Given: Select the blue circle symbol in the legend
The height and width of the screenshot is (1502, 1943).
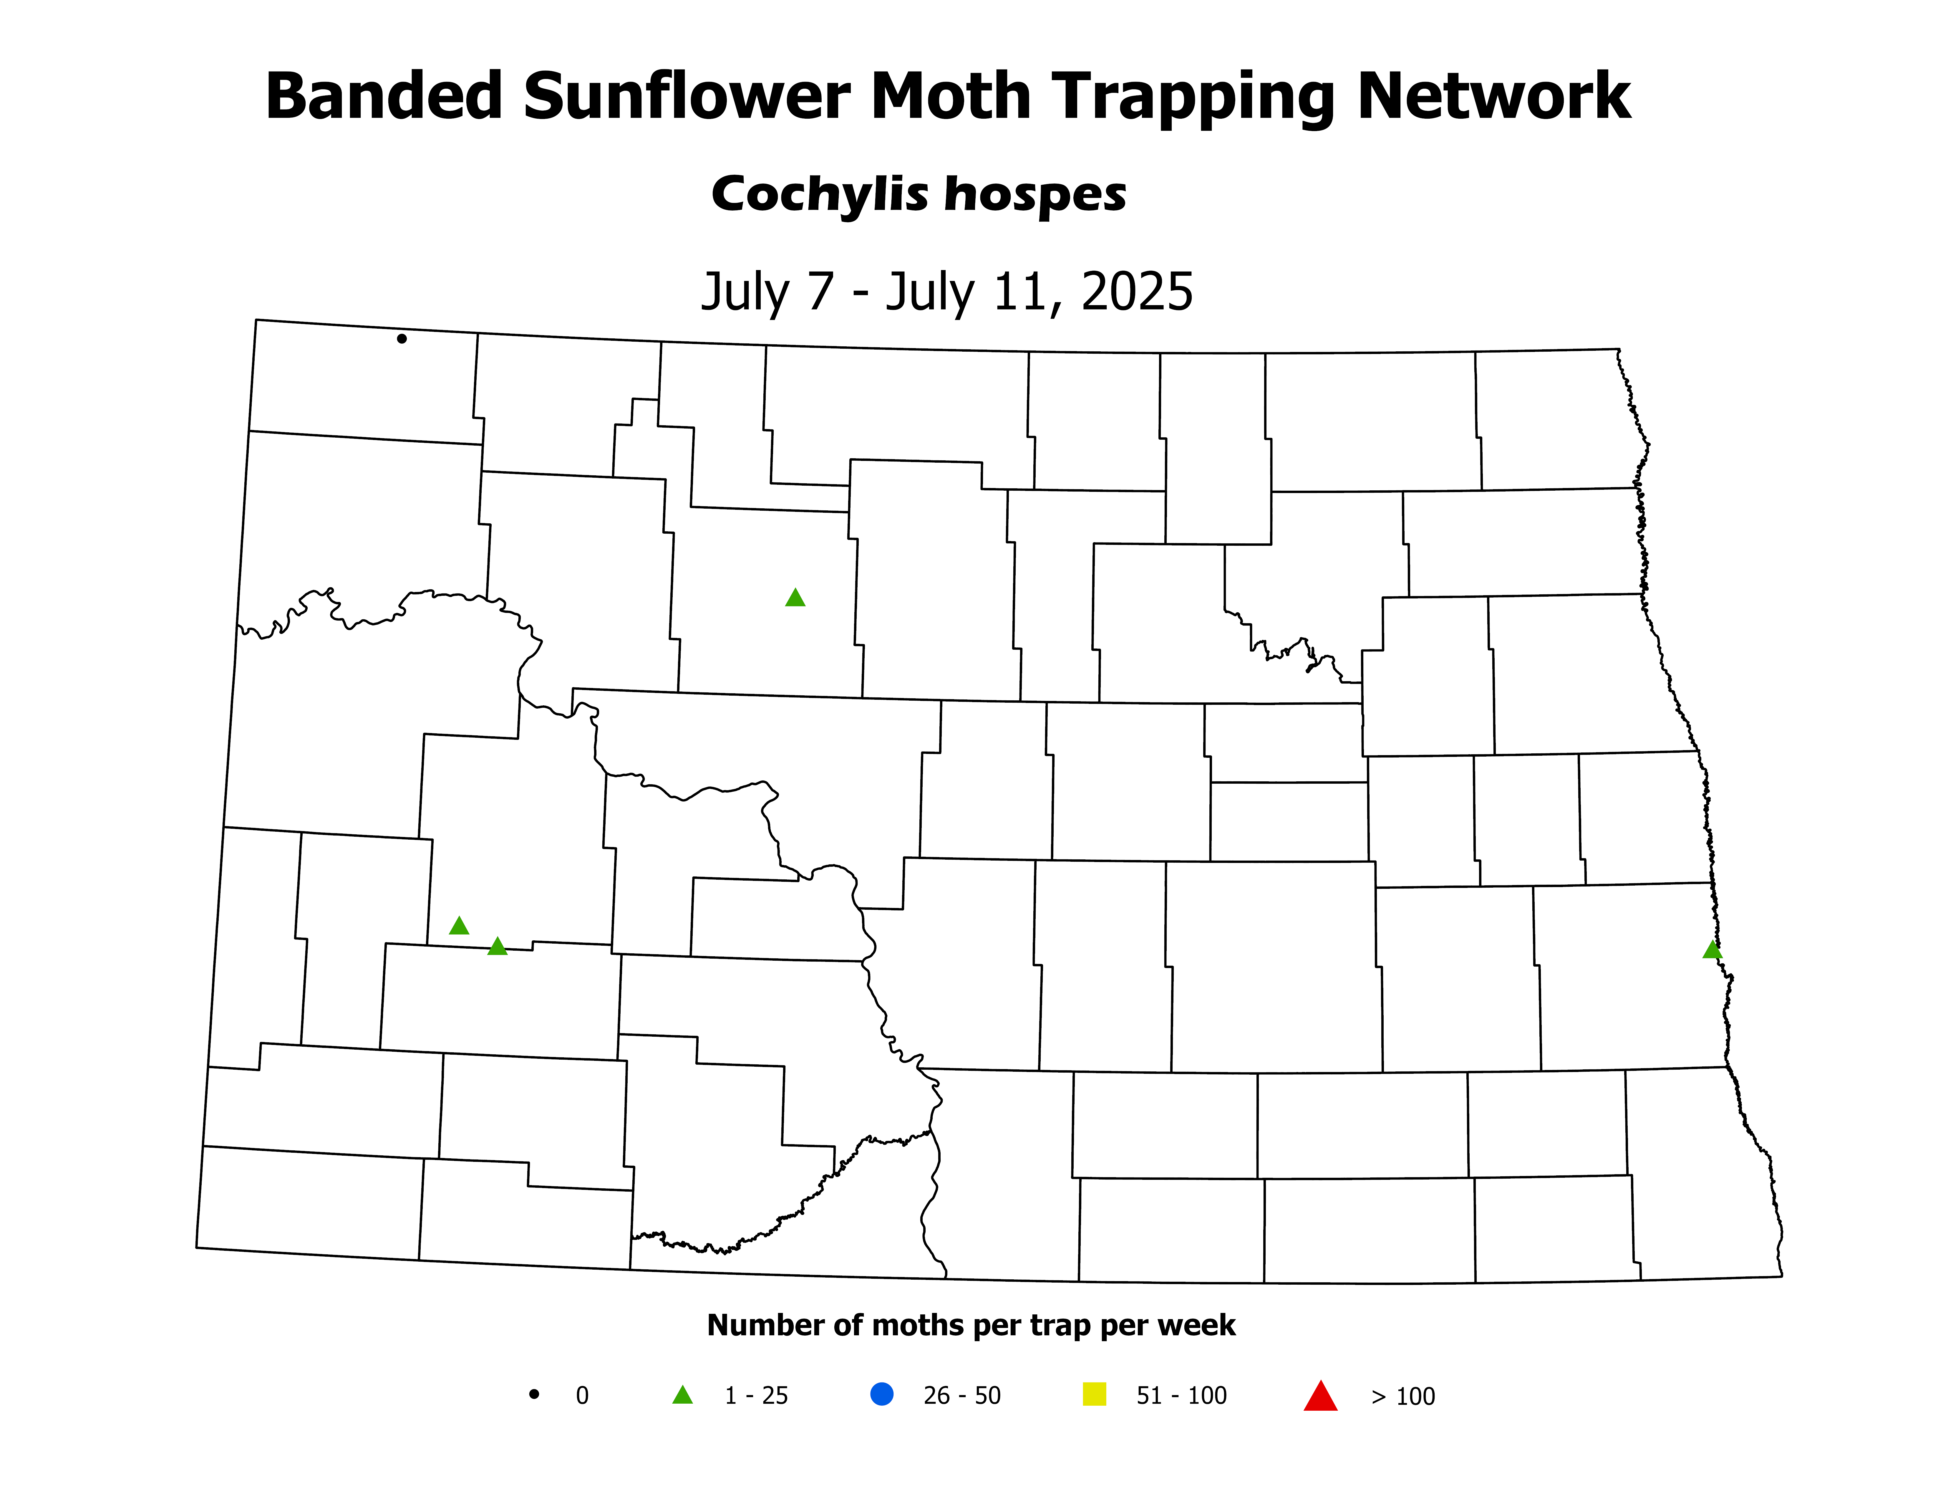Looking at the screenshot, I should (882, 1393).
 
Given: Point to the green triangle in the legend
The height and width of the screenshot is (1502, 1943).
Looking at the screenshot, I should (682, 1395).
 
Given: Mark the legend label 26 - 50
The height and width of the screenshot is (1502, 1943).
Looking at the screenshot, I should (962, 1395).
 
